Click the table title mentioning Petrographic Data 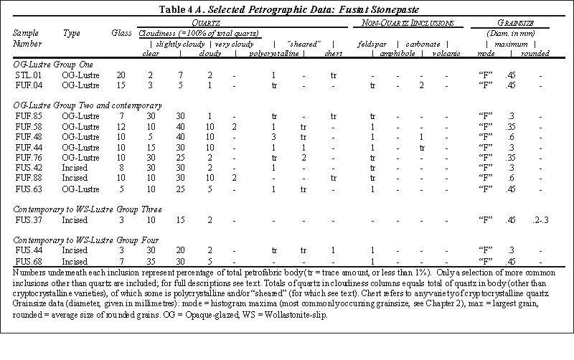coord(287,9)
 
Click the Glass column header coord(122,33)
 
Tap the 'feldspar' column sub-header coord(372,43)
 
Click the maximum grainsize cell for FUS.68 coord(512,262)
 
